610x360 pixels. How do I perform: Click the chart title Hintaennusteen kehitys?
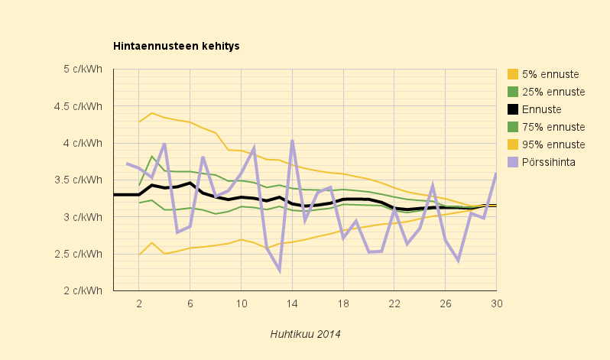coord(177,46)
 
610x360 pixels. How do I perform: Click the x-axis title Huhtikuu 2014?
coord(305,334)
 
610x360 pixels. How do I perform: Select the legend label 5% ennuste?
coord(550,74)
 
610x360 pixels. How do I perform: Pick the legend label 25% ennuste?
coord(553,92)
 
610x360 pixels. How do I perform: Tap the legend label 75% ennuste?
coord(553,127)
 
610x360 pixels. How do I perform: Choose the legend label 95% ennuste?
coord(553,144)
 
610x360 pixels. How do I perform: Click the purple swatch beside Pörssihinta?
coord(513,162)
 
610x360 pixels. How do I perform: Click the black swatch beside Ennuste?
coord(513,109)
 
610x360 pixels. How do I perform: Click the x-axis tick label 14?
coord(292,303)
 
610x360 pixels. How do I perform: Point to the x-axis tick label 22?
coord(394,303)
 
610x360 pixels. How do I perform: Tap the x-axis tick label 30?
coord(496,303)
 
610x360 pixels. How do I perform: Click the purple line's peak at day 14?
coord(292,141)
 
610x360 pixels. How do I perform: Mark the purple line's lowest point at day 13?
coord(279,271)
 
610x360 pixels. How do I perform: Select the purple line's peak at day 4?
coord(164,144)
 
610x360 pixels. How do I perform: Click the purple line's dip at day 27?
coord(458,261)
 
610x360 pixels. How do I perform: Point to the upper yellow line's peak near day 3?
coord(152,113)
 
